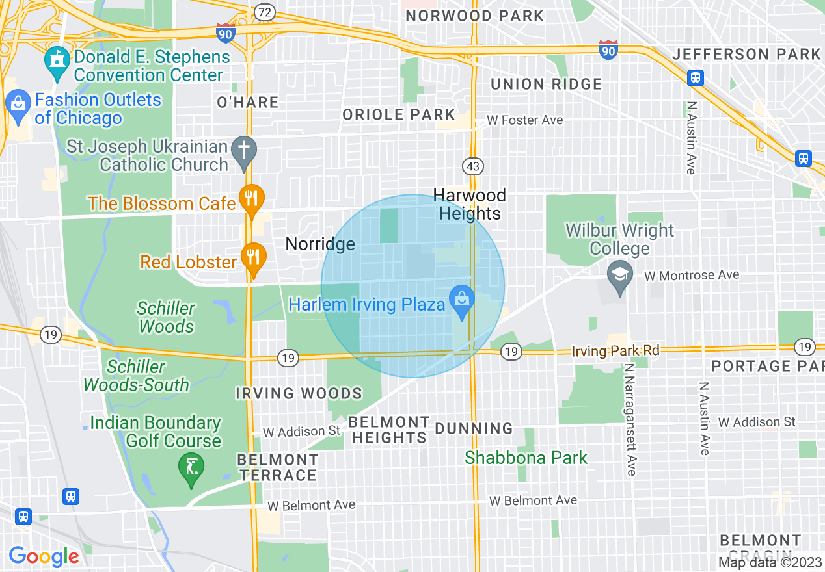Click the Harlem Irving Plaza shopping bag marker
coord(462,302)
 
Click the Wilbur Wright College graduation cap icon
coord(619,275)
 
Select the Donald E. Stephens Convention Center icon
coord(57,62)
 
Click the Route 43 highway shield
coord(473,167)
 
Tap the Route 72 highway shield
coord(264,12)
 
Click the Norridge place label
coord(320,244)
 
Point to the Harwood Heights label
coord(470,204)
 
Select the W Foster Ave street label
coord(525,120)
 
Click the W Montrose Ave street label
coord(692,276)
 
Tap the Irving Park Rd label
coord(615,351)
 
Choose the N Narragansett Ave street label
coord(630,419)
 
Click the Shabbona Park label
coord(526,458)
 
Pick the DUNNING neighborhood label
coord(474,428)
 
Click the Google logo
coord(44,556)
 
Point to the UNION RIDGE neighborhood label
coord(546,84)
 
